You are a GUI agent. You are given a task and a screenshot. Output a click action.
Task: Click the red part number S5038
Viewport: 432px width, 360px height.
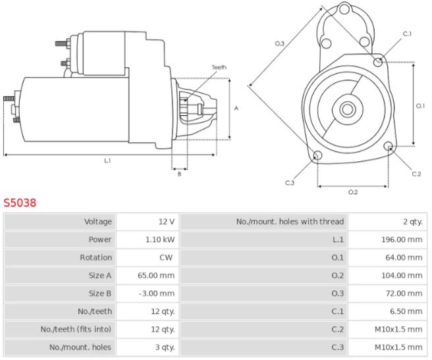(x=20, y=203)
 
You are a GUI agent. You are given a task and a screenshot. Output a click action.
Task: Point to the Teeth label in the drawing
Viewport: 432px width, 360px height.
(x=219, y=67)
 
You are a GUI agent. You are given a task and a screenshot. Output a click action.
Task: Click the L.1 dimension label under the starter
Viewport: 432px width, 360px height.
(x=107, y=160)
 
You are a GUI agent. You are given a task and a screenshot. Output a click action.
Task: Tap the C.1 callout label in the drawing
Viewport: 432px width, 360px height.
(x=407, y=34)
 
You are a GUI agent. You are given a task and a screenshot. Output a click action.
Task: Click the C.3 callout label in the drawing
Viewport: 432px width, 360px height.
(x=290, y=182)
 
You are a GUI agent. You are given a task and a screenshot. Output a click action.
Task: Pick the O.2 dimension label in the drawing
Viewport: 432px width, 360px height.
(x=352, y=192)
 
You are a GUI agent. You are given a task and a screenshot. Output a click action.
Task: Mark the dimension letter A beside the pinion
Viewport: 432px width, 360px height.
(x=236, y=109)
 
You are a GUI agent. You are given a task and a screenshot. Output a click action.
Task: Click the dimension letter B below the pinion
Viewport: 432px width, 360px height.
(x=178, y=173)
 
